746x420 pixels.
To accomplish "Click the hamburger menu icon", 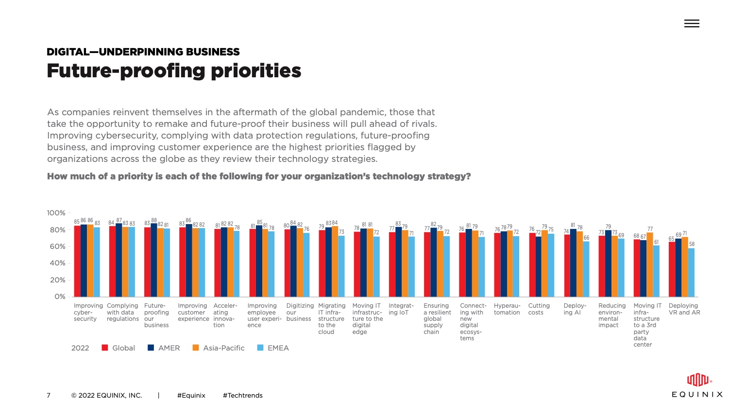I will [692, 23].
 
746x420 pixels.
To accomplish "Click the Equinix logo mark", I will [697, 380].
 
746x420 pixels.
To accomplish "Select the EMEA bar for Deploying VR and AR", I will [691, 273].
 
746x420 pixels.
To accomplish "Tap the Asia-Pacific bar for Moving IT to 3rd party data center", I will [650, 264].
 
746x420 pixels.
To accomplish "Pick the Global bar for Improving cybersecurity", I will [77, 261].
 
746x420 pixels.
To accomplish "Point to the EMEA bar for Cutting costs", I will [551, 265].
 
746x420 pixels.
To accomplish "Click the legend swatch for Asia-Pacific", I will [196, 348].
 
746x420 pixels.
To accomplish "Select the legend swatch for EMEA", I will [260, 348].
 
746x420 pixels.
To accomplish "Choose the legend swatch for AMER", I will [151, 348].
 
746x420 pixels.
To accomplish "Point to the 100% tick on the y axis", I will [56, 213].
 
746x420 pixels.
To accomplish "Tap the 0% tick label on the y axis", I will [60, 297].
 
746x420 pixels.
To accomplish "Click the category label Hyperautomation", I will [507, 309].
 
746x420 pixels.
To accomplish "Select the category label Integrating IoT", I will [401, 309].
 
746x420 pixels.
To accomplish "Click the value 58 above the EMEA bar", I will [692, 244].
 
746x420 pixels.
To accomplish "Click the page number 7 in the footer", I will [49, 396].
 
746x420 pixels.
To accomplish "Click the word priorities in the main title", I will [256, 71].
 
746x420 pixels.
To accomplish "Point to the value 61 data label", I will [656, 242].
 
